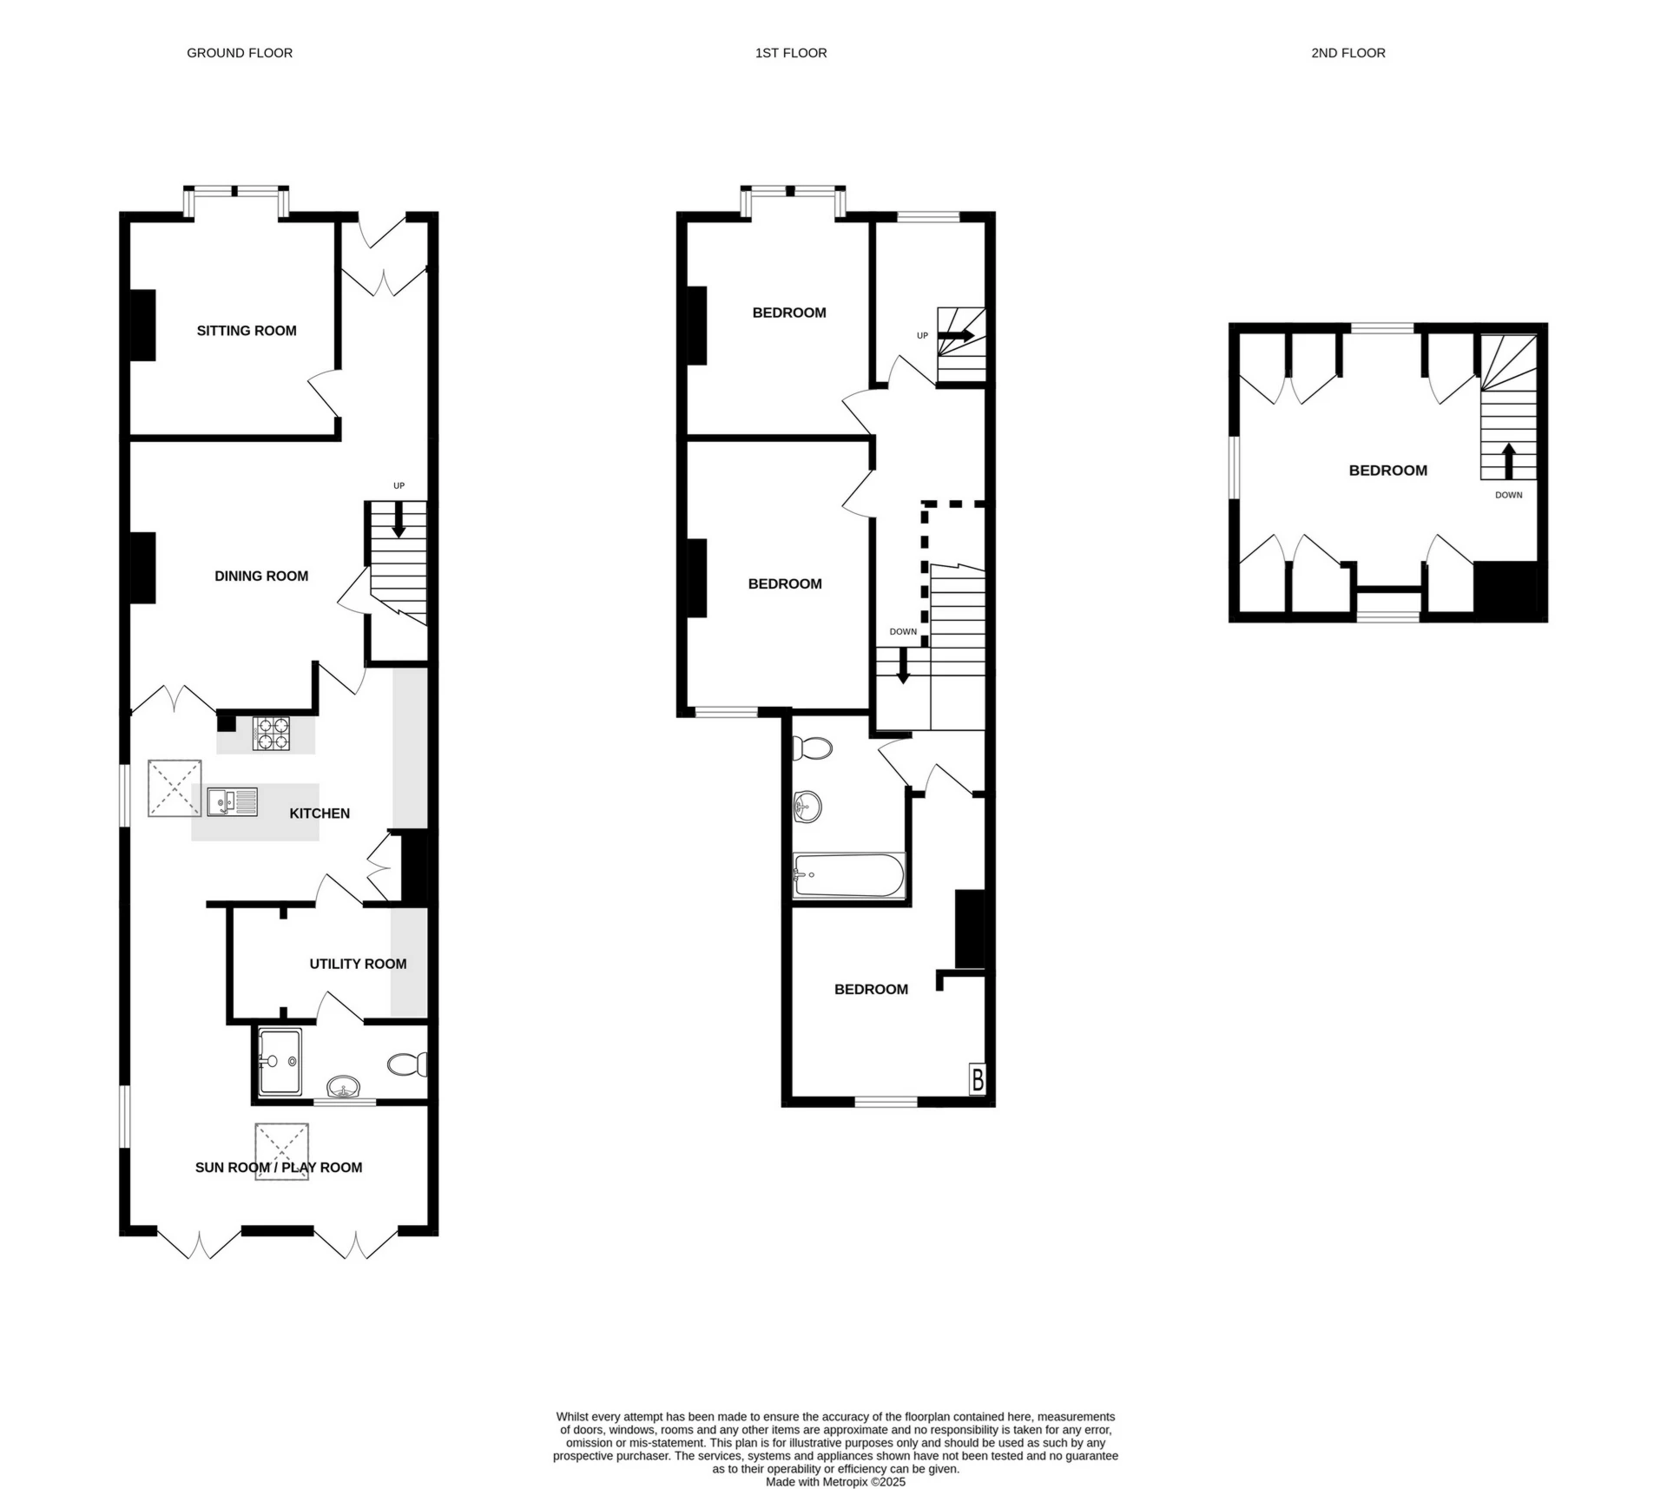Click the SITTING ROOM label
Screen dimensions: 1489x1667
pyautogui.click(x=247, y=331)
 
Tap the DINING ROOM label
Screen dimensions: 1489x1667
pyautogui.click(x=261, y=576)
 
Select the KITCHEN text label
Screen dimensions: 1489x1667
pyautogui.click(x=320, y=814)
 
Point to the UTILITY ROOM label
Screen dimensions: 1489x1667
pyautogui.click(x=358, y=964)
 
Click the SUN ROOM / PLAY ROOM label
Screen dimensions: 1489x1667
pyautogui.click(x=279, y=1168)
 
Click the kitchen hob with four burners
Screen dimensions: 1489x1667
pyautogui.click(x=271, y=734)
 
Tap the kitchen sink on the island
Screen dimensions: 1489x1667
pyautogui.click(x=232, y=801)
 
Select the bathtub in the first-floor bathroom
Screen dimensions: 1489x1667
pyautogui.click(x=848, y=875)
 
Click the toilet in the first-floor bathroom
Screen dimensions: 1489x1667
pyautogui.click(x=814, y=748)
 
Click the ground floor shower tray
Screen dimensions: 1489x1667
pyautogui.click(x=280, y=1061)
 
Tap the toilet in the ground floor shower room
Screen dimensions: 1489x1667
pyautogui.click(x=406, y=1064)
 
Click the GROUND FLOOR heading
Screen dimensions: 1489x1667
pyautogui.click(x=240, y=53)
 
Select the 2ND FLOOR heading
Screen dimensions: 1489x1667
pyautogui.click(x=1347, y=53)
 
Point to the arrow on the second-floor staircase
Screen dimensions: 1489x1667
pyautogui.click(x=1509, y=461)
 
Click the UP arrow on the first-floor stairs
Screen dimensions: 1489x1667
pyautogui.click(x=956, y=335)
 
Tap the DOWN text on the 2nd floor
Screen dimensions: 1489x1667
pyautogui.click(x=1508, y=495)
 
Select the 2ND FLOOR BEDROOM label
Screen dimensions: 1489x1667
pyautogui.click(x=1387, y=471)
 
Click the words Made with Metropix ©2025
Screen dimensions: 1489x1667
pyautogui.click(x=835, y=1482)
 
